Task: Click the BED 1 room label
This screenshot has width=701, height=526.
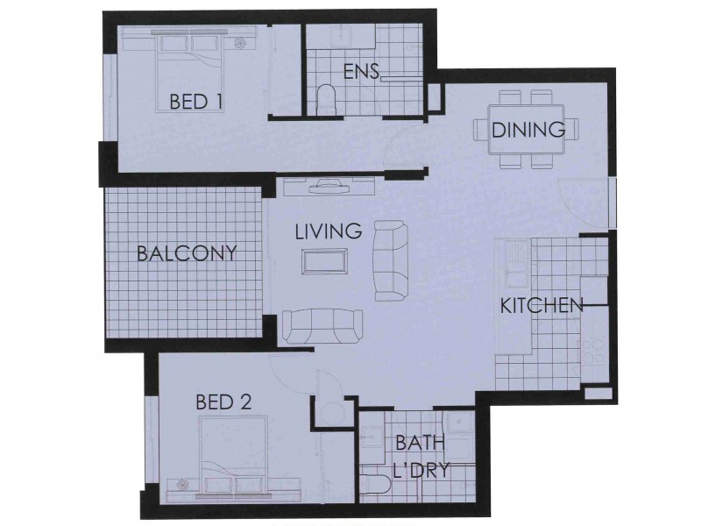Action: [195, 103]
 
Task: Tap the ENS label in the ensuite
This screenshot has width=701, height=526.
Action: [360, 72]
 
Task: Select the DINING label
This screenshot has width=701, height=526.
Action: [528, 131]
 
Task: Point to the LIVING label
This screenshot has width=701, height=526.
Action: [329, 232]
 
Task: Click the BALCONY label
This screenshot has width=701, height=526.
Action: [188, 254]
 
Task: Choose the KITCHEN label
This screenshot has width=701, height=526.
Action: [542, 306]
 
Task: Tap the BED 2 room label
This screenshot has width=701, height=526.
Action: [223, 402]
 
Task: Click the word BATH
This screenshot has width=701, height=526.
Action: [419, 444]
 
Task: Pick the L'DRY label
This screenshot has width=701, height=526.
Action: [421, 470]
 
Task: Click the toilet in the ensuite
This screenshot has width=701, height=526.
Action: [326, 98]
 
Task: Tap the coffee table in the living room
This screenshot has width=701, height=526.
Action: [324, 261]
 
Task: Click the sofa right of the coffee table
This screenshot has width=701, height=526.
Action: [390, 260]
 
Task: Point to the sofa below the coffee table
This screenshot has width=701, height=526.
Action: [321, 326]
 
